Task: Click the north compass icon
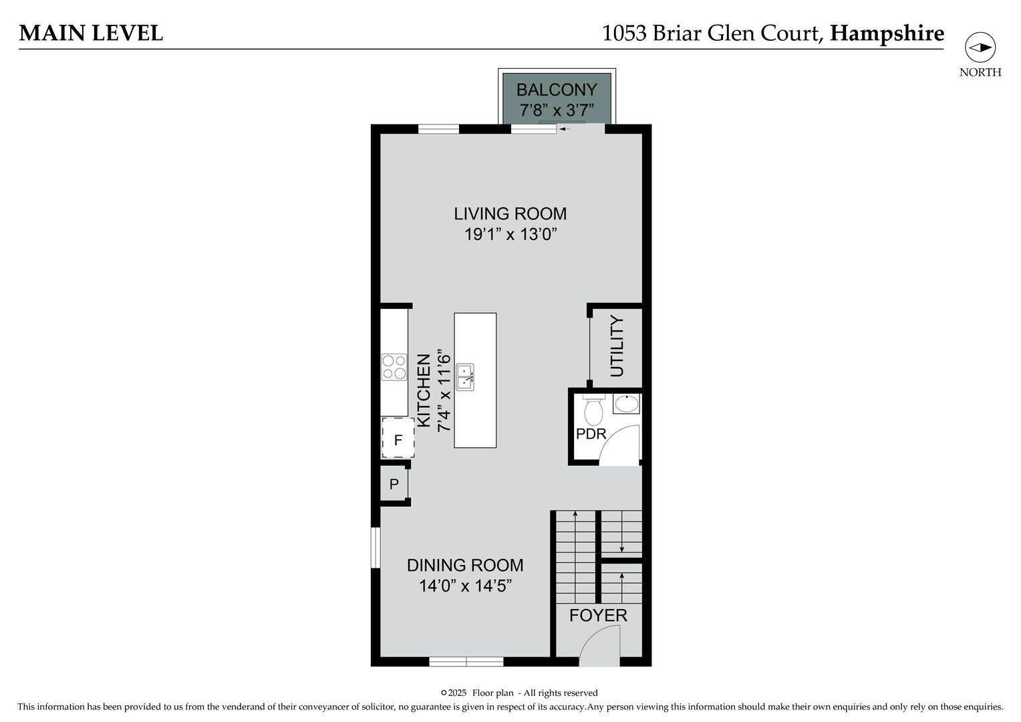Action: (980, 47)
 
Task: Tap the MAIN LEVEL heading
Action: (91, 33)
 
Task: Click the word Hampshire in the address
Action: (887, 33)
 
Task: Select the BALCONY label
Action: (557, 90)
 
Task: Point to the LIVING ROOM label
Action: (510, 214)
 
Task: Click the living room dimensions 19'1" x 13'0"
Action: (510, 235)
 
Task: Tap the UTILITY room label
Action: (617, 346)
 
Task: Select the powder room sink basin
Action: (626, 404)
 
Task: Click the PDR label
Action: (591, 434)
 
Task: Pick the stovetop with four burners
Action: (394, 367)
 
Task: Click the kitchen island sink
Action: (465, 377)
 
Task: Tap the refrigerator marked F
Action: (398, 439)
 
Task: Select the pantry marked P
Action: (394, 483)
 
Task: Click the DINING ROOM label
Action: (465, 566)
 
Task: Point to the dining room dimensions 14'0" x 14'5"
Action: (465, 586)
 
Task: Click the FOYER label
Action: (598, 616)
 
